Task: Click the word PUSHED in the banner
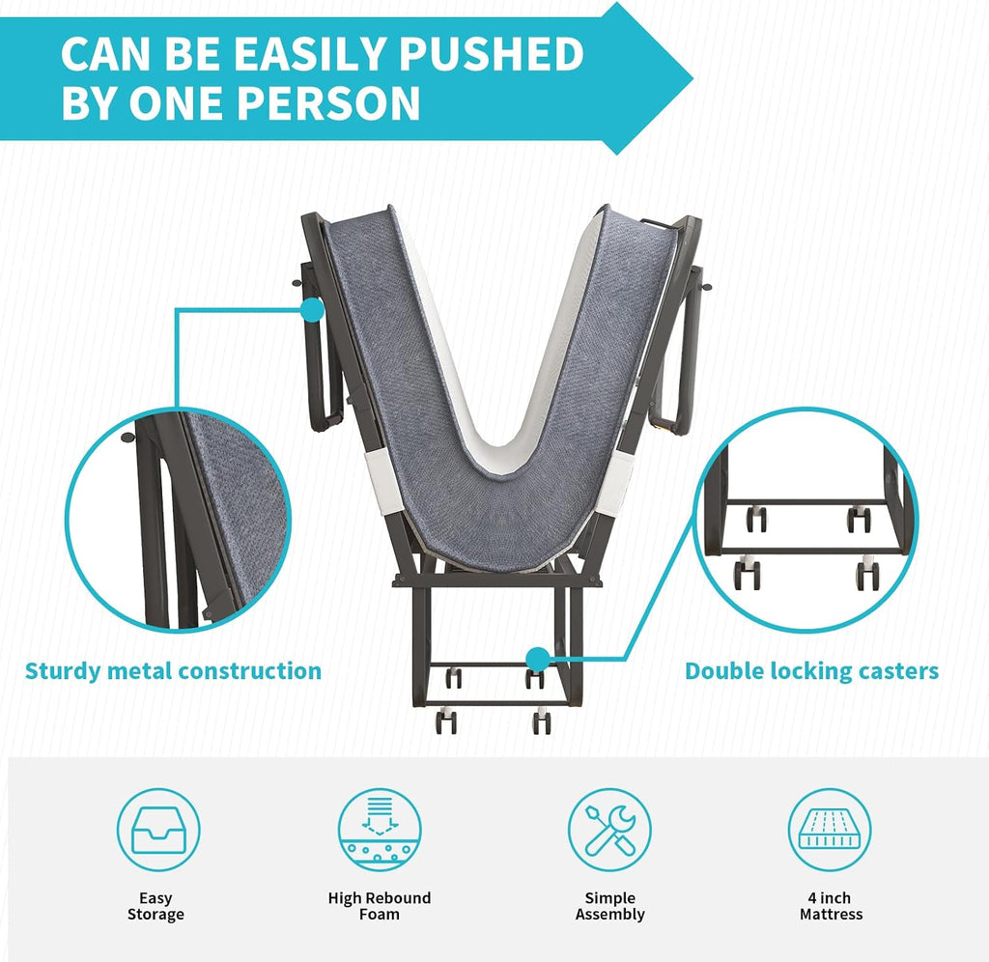click(492, 53)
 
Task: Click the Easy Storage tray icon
click(158, 830)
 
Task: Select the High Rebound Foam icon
click(379, 830)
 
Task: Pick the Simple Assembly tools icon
click(609, 830)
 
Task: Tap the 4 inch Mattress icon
click(830, 830)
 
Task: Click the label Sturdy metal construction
click(173, 670)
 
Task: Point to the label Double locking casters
click(811, 671)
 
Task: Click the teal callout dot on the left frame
click(312, 310)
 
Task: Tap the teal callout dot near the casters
click(538, 660)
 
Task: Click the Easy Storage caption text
click(155, 906)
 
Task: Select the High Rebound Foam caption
click(379, 906)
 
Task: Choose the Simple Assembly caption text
click(610, 906)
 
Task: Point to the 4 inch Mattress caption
click(831, 906)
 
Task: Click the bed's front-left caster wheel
click(446, 721)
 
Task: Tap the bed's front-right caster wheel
click(541, 721)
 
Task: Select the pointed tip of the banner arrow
click(692, 79)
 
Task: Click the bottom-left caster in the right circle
click(747, 573)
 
